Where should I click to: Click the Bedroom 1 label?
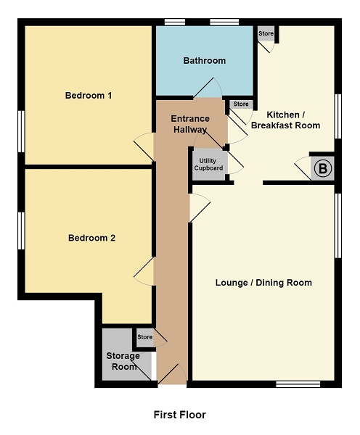[x=89, y=96]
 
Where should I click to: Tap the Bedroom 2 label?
[x=91, y=238]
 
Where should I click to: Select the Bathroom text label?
[x=205, y=61]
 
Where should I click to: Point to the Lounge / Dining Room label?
[x=263, y=283]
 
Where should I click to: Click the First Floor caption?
[x=180, y=415]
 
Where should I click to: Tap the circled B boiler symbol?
[x=323, y=168]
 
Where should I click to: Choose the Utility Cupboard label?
[x=208, y=165]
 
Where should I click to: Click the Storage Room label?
[x=123, y=361]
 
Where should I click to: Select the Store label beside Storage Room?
[x=144, y=337]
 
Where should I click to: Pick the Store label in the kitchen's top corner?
[x=266, y=33]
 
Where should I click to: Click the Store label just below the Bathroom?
[x=241, y=104]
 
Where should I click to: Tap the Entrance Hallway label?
[x=190, y=124]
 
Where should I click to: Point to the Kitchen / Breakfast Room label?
[x=285, y=120]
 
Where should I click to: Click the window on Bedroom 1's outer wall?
[x=21, y=131]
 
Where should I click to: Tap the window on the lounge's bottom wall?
[x=298, y=384]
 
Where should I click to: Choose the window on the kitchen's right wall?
[x=338, y=116]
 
